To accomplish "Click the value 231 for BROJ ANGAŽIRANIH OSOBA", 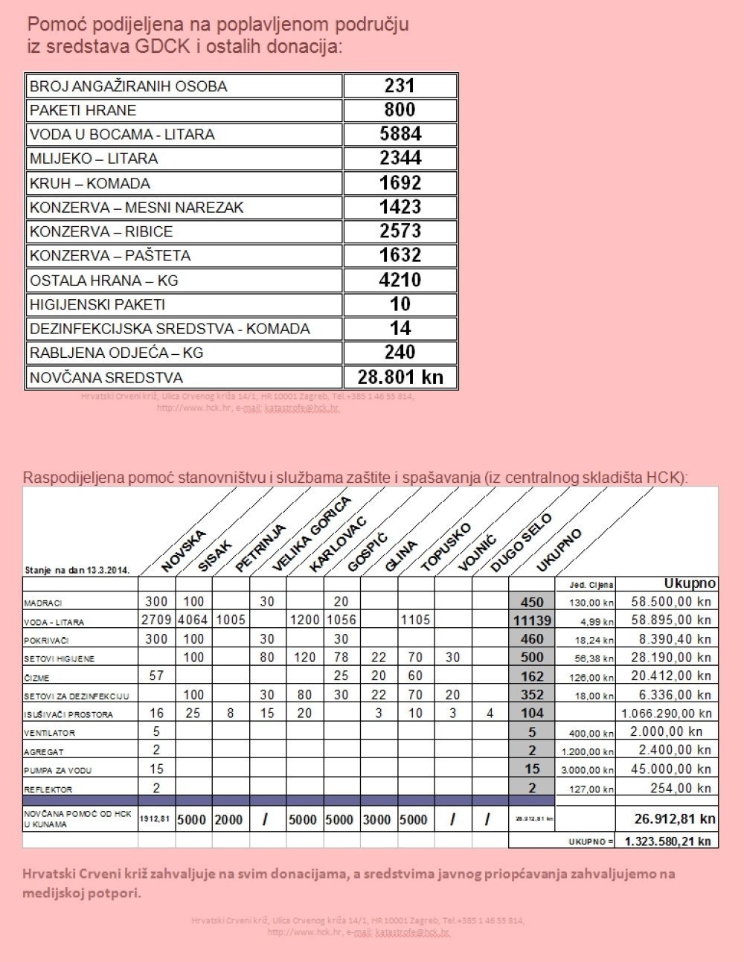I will point(400,86).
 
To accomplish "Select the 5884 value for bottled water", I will point(400,134).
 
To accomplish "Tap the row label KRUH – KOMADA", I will point(89,183).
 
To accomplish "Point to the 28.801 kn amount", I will point(400,376).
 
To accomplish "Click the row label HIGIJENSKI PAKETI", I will point(97,304).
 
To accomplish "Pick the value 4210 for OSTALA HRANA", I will point(400,280).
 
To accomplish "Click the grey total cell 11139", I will point(532,620).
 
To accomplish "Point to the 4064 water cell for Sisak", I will point(193,620).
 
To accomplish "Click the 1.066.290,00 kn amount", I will point(667,713).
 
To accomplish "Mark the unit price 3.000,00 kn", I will point(588,770).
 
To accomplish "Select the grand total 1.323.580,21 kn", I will point(667,841).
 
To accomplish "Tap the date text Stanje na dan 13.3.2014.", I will point(77,571).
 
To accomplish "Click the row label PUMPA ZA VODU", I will point(57,771).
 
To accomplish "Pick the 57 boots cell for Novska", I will point(156,676).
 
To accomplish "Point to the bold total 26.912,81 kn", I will point(675,819).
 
